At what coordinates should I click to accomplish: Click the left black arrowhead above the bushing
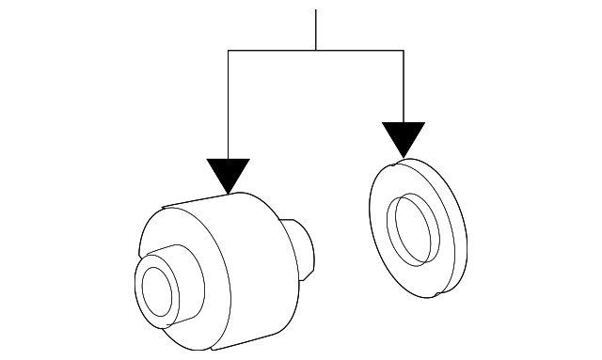click(229, 173)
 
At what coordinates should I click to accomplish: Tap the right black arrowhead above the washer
click(404, 136)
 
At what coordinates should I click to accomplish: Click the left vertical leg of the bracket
click(229, 103)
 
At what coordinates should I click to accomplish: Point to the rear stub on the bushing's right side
click(304, 252)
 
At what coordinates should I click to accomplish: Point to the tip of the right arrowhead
click(404, 156)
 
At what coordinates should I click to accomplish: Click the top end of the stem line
click(316, 10)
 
